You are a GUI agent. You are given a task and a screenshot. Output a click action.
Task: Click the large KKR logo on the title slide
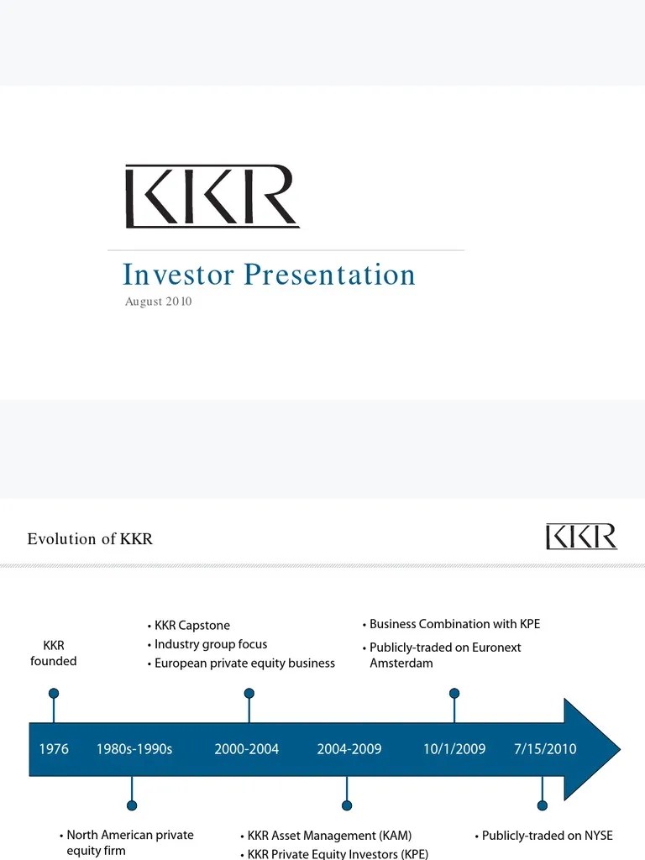[x=212, y=197]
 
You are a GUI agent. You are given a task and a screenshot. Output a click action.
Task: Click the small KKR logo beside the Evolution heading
[x=581, y=536]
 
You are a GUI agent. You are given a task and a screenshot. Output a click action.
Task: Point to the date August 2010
[x=158, y=302]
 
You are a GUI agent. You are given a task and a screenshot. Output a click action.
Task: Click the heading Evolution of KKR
[x=90, y=538]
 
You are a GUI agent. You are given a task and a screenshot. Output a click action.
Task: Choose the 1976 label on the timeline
[x=54, y=748]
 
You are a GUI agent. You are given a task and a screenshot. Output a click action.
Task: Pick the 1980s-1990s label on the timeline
[x=134, y=748]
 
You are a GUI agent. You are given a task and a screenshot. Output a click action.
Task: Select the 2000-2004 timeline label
[x=247, y=748]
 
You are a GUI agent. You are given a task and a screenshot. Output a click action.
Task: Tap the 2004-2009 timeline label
[x=349, y=748]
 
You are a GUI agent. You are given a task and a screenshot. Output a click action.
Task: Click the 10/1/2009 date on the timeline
[x=454, y=748]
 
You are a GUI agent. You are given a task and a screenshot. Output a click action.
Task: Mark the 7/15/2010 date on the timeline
[x=545, y=748]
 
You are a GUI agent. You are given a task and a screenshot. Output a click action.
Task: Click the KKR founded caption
[x=54, y=653]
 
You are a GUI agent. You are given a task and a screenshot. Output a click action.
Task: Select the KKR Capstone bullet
[x=191, y=626]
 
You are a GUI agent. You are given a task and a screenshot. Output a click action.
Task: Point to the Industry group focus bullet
[x=211, y=644]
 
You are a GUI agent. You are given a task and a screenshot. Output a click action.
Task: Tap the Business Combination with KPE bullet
[x=454, y=624]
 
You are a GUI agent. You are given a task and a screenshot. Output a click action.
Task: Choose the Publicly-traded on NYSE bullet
[x=547, y=836]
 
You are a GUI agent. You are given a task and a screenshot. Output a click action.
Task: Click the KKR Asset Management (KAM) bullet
[x=329, y=836]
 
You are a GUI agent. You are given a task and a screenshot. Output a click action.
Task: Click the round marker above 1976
[x=54, y=694]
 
